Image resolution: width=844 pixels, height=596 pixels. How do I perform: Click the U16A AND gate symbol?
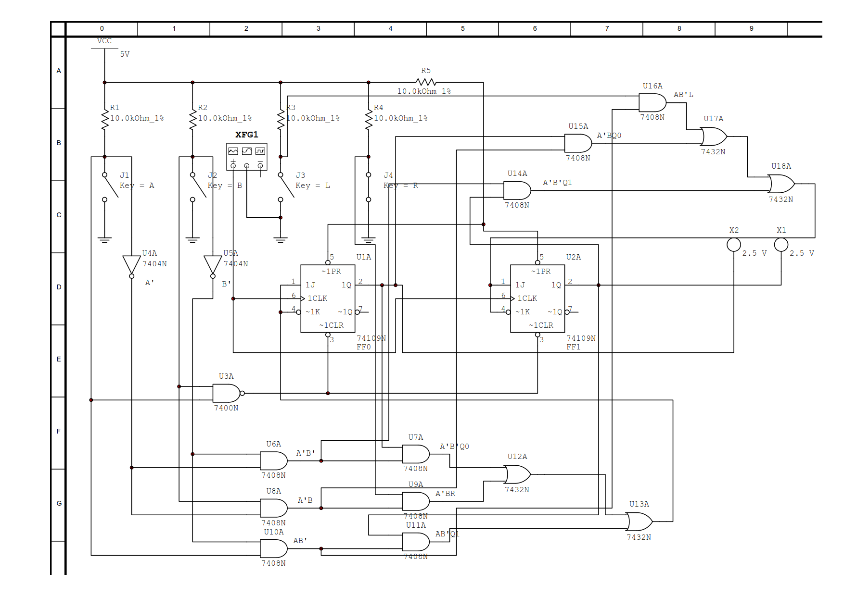[652, 103]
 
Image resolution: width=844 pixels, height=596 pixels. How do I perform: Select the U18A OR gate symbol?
[780, 184]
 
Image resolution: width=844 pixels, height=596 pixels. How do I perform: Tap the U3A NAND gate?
[227, 393]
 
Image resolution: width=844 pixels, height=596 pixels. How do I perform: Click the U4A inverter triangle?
[131, 265]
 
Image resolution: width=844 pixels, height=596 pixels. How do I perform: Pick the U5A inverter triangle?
[213, 265]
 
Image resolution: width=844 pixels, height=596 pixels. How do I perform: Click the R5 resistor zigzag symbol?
[426, 82]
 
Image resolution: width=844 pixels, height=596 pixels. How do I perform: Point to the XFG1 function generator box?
[247, 156]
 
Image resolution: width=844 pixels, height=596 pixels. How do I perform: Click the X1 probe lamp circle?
[781, 245]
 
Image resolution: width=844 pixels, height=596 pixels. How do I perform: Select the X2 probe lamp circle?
[733, 245]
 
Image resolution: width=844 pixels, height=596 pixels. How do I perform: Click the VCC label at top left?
[104, 41]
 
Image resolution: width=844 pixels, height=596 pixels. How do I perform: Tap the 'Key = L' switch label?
[313, 186]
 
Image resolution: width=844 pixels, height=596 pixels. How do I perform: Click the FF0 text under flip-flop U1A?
[364, 347]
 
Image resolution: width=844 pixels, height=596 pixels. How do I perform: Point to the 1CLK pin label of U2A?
[527, 298]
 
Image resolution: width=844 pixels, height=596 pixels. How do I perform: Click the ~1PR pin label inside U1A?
[331, 272]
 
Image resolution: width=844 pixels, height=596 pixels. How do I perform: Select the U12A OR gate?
[517, 474]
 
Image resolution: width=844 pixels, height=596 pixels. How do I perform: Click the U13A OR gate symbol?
[639, 521]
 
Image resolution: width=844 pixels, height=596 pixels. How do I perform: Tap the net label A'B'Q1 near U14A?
[557, 183]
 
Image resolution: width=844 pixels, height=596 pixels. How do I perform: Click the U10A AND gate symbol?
[273, 548]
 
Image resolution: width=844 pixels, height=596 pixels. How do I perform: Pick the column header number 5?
[462, 29]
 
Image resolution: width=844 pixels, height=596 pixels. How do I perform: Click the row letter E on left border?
[59, 359]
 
